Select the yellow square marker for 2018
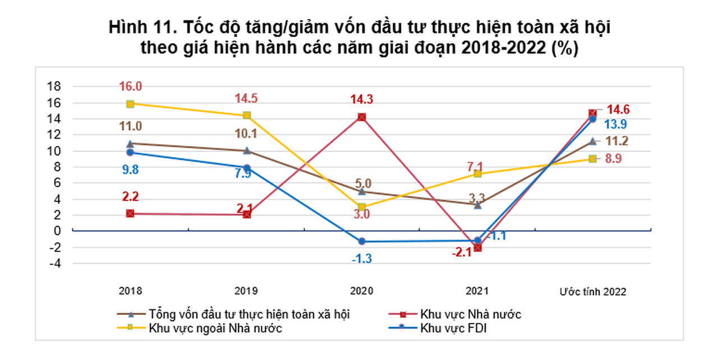pyautogui.click(x=130, y=104)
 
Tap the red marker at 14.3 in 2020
pyautogui.click(x=362, y=117)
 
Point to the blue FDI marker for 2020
pyautogui.click(x=362, y=241)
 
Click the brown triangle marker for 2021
pyautogui.click(x=477, y=205)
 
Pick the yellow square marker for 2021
pyautogui.click(x=477, y=174)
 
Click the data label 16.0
pyautogui.click(x=130, y=86)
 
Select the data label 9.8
pyautogui.click(x=130, y=168)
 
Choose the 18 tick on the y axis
pyautogui.click(x=54, y=87)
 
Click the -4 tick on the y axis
pyautogui.click(x=54, y=263)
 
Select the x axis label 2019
pyautogui.click(x=246, y=292)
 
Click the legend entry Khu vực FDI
pyautogui.click(x=453, y=329)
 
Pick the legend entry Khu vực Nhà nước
pyautogui.click(x=470, y=315)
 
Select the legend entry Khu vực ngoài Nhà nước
pyautogui.click(x=215, y=329)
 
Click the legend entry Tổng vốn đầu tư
pyautogui.click(x=251, y=315)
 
